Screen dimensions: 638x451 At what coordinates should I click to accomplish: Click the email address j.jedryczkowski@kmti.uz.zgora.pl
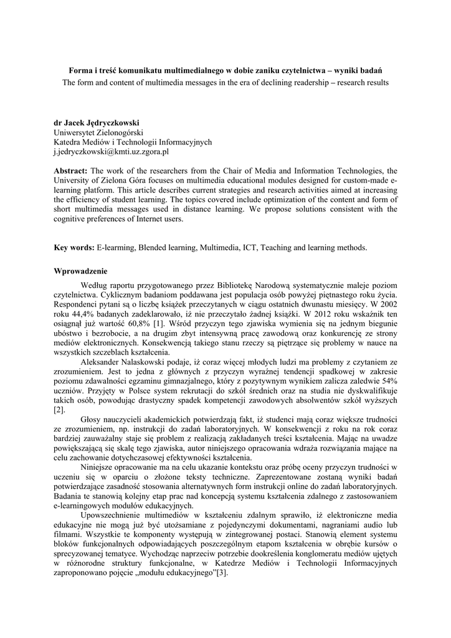pos(112,151)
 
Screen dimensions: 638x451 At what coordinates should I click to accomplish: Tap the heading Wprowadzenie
pos(81,271)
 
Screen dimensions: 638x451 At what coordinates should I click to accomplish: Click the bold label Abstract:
pos(71,171)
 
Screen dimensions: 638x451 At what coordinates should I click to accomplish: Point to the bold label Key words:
pos(74,247)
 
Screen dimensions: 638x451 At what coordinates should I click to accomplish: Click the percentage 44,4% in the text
pos(78,315)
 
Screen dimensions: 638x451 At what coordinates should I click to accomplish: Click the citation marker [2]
pos(59,409)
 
